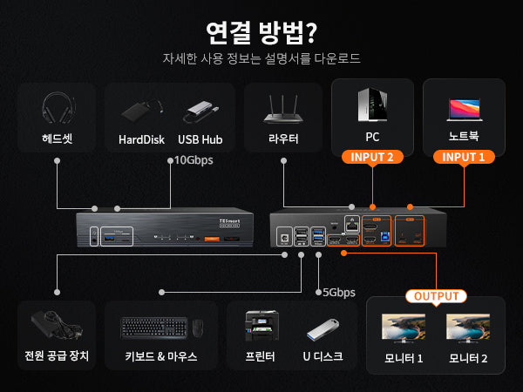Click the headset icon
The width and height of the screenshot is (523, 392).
click(57, 109)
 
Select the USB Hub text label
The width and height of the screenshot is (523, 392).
click(201, 139)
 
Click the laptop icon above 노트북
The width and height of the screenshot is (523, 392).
click(464, 108)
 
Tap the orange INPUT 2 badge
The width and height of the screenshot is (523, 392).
click(372, 158)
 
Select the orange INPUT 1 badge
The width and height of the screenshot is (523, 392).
click(464, 158)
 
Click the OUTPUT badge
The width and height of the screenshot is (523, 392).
click(435, 296)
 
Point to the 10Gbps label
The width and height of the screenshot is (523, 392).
click(193, 160)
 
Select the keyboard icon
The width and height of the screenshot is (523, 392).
click(153, 328)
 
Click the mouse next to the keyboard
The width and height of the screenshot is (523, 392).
click(199, 328)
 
